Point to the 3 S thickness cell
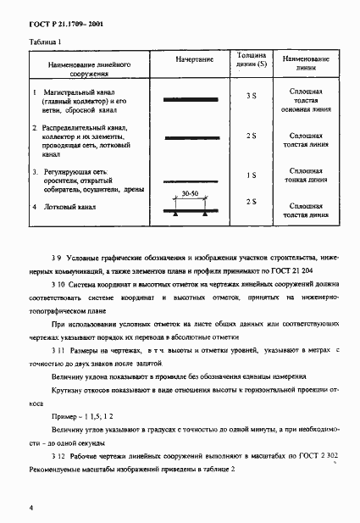pyautogui.click(x=251, y=97)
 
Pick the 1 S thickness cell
pyautogui.click(x=251, y=175)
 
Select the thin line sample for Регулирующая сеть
pyautogui.click(x=193, y=181)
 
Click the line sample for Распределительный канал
pyautogui.click(x=193, y=136)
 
